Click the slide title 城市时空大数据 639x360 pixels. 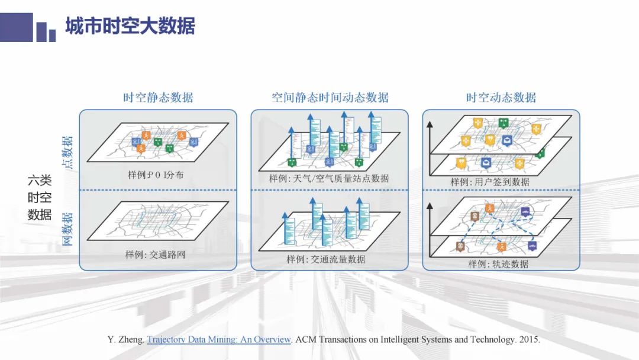pyautogui.click(x=130, y=27)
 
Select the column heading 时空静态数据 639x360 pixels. pyautogui.click(x=158, y=98)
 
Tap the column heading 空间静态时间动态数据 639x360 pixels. pyautogui.click(x=330, y=98)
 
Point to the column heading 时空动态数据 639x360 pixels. pyautogui.click(x=501, y=98)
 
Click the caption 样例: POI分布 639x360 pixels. pyautogui.click(x=157, y=175)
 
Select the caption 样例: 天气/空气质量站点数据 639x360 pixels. pyautogui.click(x=329, y=178)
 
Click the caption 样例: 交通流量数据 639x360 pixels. pyautogui.click(x=326, y=259)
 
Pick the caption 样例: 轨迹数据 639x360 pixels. pyautogui.click(x=498, y=263)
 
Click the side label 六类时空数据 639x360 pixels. pyautogui.click(x=40, y=198)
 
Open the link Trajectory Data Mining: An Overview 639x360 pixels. pyautogui.click(x=219, y=340)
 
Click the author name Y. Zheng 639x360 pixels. pyautogui.click(x=121, y=340)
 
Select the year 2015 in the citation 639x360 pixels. pyautogui.click(x=528, y=340)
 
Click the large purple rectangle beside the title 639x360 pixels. pyautogui.click(x=16, y=27)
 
